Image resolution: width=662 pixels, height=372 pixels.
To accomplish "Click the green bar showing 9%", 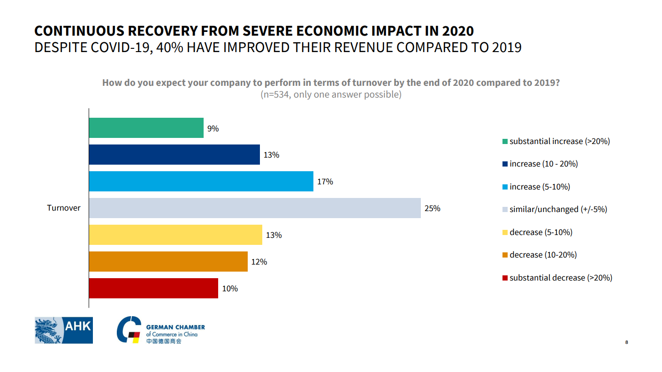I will (146, 128).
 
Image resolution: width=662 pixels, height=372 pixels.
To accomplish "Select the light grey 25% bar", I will (255, 208).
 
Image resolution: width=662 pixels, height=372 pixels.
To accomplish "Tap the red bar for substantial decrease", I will (153, 288).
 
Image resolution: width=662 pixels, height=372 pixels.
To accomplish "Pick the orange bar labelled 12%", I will (168, 261).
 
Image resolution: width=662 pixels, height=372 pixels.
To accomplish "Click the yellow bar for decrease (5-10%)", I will (175, 235).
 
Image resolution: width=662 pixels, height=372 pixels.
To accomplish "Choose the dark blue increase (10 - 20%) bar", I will (174, 154).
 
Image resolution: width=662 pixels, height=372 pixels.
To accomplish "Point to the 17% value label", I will (325, 182).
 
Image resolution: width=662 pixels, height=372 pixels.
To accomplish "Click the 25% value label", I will (432, 208).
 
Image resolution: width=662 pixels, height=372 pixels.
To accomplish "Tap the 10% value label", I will (230, 288).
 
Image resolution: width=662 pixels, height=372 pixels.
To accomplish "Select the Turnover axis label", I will (64, 208).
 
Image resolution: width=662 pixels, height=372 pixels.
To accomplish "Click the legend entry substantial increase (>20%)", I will (559, 141).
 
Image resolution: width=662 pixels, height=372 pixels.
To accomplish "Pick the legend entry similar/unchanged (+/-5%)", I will (558, 209).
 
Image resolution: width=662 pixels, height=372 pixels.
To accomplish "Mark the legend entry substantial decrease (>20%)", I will (561, 278).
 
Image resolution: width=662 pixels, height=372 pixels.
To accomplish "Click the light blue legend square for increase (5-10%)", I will (505, 187).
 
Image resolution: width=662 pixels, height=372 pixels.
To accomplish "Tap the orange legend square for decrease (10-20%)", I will (505, 255).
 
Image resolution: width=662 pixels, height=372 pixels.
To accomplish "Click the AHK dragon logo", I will (64, 330).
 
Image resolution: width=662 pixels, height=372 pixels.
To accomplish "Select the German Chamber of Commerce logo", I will (161, 330).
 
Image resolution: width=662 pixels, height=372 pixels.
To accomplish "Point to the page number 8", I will (626, 342).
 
